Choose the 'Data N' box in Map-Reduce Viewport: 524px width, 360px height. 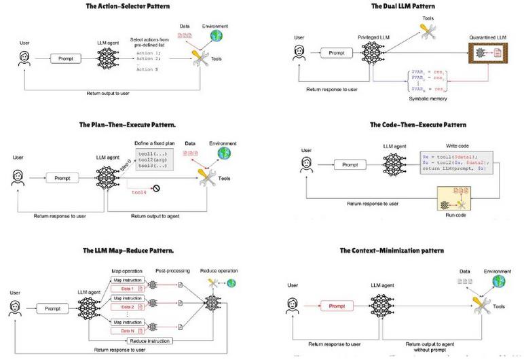[126, 331]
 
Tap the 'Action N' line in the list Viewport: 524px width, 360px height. [148, 69]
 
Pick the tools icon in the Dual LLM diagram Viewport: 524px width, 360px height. [427, 29]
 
